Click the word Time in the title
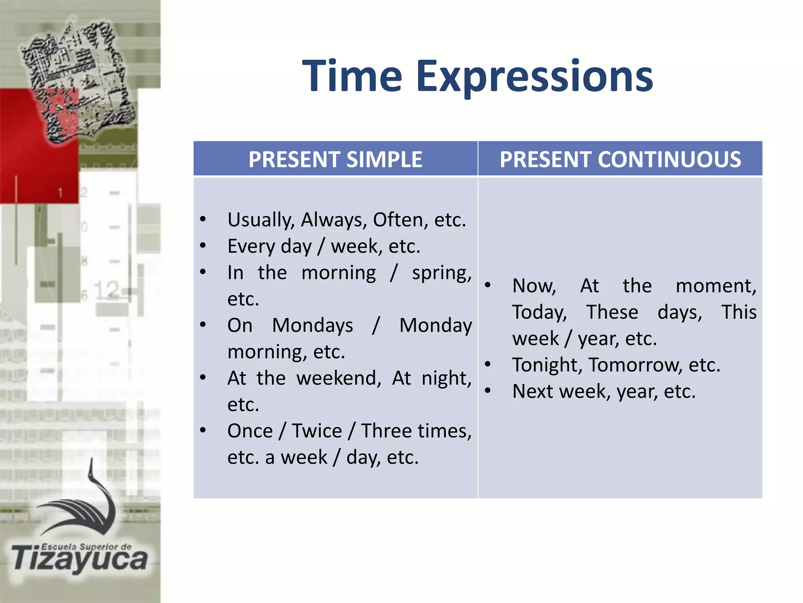352,76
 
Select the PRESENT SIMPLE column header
335,159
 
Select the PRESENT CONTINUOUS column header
620,159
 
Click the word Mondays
312,325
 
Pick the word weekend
338,378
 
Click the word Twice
317,431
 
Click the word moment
716,286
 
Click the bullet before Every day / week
203,246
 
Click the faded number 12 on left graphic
107,291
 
